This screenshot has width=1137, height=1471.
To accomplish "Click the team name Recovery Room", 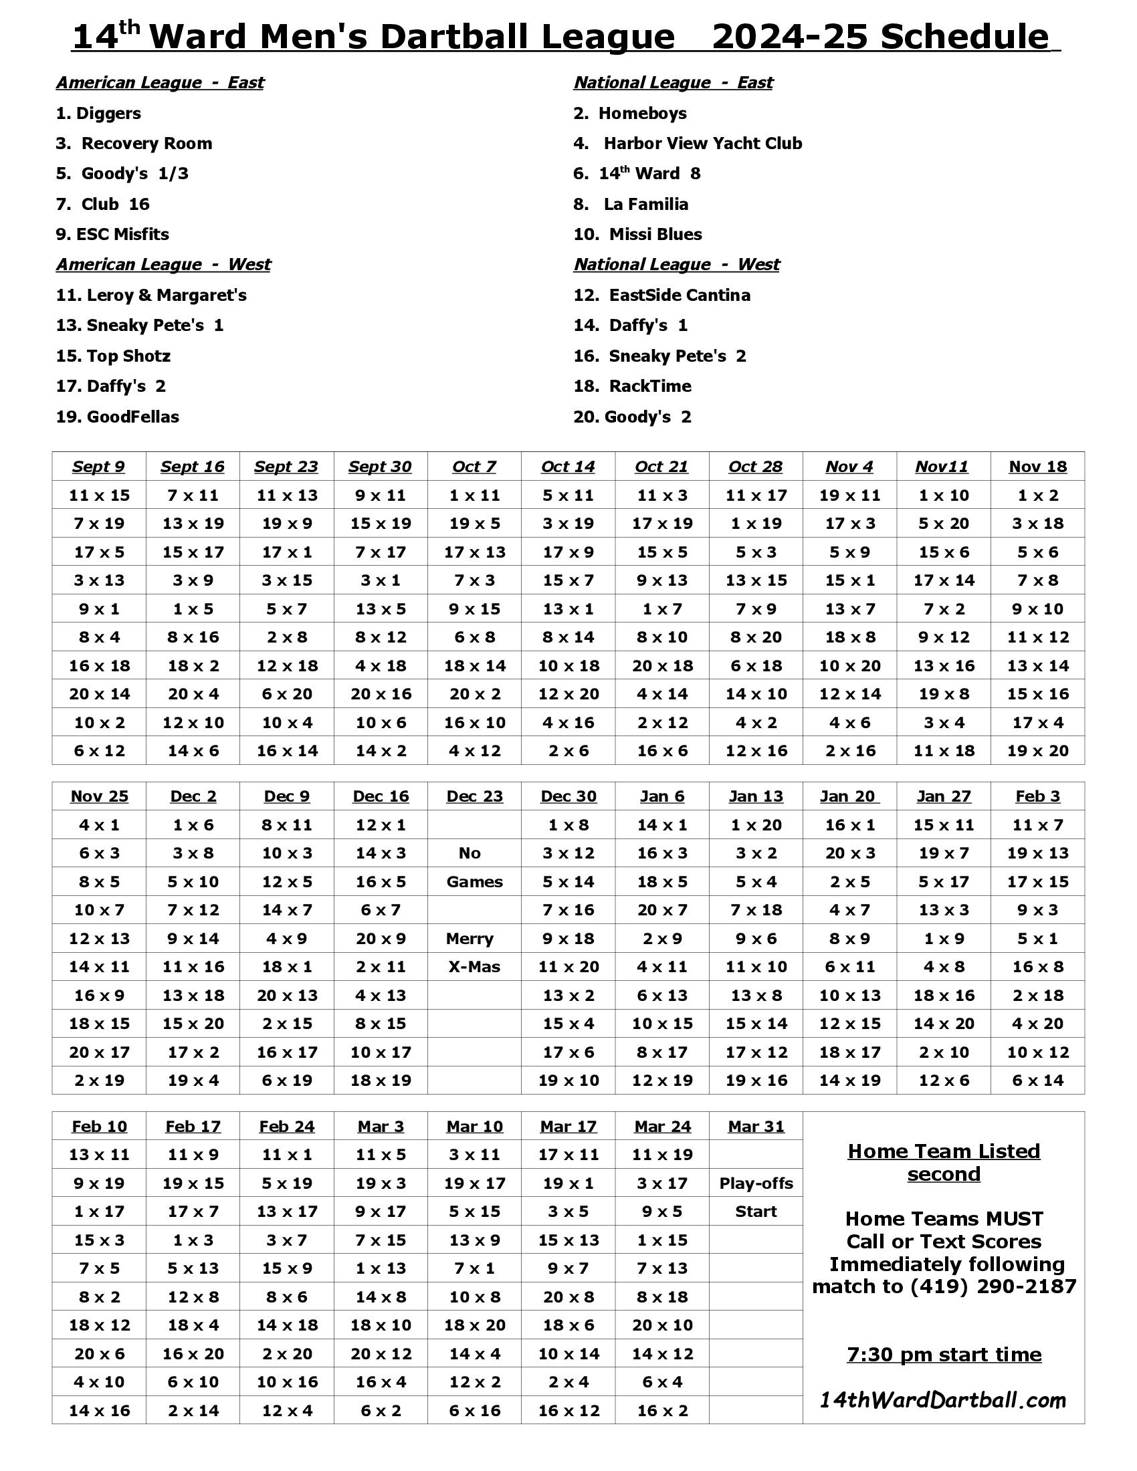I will (x=146, y=144).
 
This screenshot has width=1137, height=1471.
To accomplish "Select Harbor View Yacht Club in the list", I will (x=702, y=144).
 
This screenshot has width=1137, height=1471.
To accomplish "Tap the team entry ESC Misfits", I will (x=122, y=235).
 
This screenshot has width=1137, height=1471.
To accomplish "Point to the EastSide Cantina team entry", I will (x=679, y=295).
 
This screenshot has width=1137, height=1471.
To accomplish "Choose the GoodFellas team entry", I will (x=132, y=417).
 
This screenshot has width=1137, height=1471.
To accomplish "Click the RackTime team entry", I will (x=650, y=386).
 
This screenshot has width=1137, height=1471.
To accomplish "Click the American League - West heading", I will (x=163, y=265).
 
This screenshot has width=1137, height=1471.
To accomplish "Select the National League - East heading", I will (x=673, y=83).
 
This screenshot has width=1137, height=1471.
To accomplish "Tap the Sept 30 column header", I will (x=380, y=467).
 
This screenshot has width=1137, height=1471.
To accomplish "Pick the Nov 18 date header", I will (x=1037, y=467).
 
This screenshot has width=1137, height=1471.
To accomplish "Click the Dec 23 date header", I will (x=474, y=796).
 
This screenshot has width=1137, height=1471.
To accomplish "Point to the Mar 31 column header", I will (x=756, y=1126).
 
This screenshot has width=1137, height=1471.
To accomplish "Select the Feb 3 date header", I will (x=1037, y=796).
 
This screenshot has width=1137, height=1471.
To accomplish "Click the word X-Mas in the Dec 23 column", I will (x=474, y=968).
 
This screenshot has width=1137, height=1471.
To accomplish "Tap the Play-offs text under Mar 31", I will (x=756, y=1183).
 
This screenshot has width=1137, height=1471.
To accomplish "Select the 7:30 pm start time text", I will (x=944, y=1355).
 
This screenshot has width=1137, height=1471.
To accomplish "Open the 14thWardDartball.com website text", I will (x=942, y=1401).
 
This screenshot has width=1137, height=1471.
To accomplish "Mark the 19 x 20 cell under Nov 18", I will (x=1037, y=751).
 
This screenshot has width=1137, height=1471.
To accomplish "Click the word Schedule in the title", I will (x=964, y=37).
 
